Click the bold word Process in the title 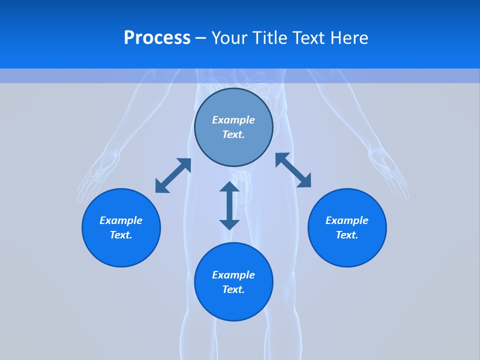click(x=157, y=38)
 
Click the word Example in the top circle click(x=233, y=120)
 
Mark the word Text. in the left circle click(x=121, y=235)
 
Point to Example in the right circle click(x=347, y=220)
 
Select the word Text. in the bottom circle click(x=233, y=289)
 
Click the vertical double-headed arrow click(x=229, y=205)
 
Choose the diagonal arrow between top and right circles click(x=293, y=170)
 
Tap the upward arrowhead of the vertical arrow click(x=229, y=187)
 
